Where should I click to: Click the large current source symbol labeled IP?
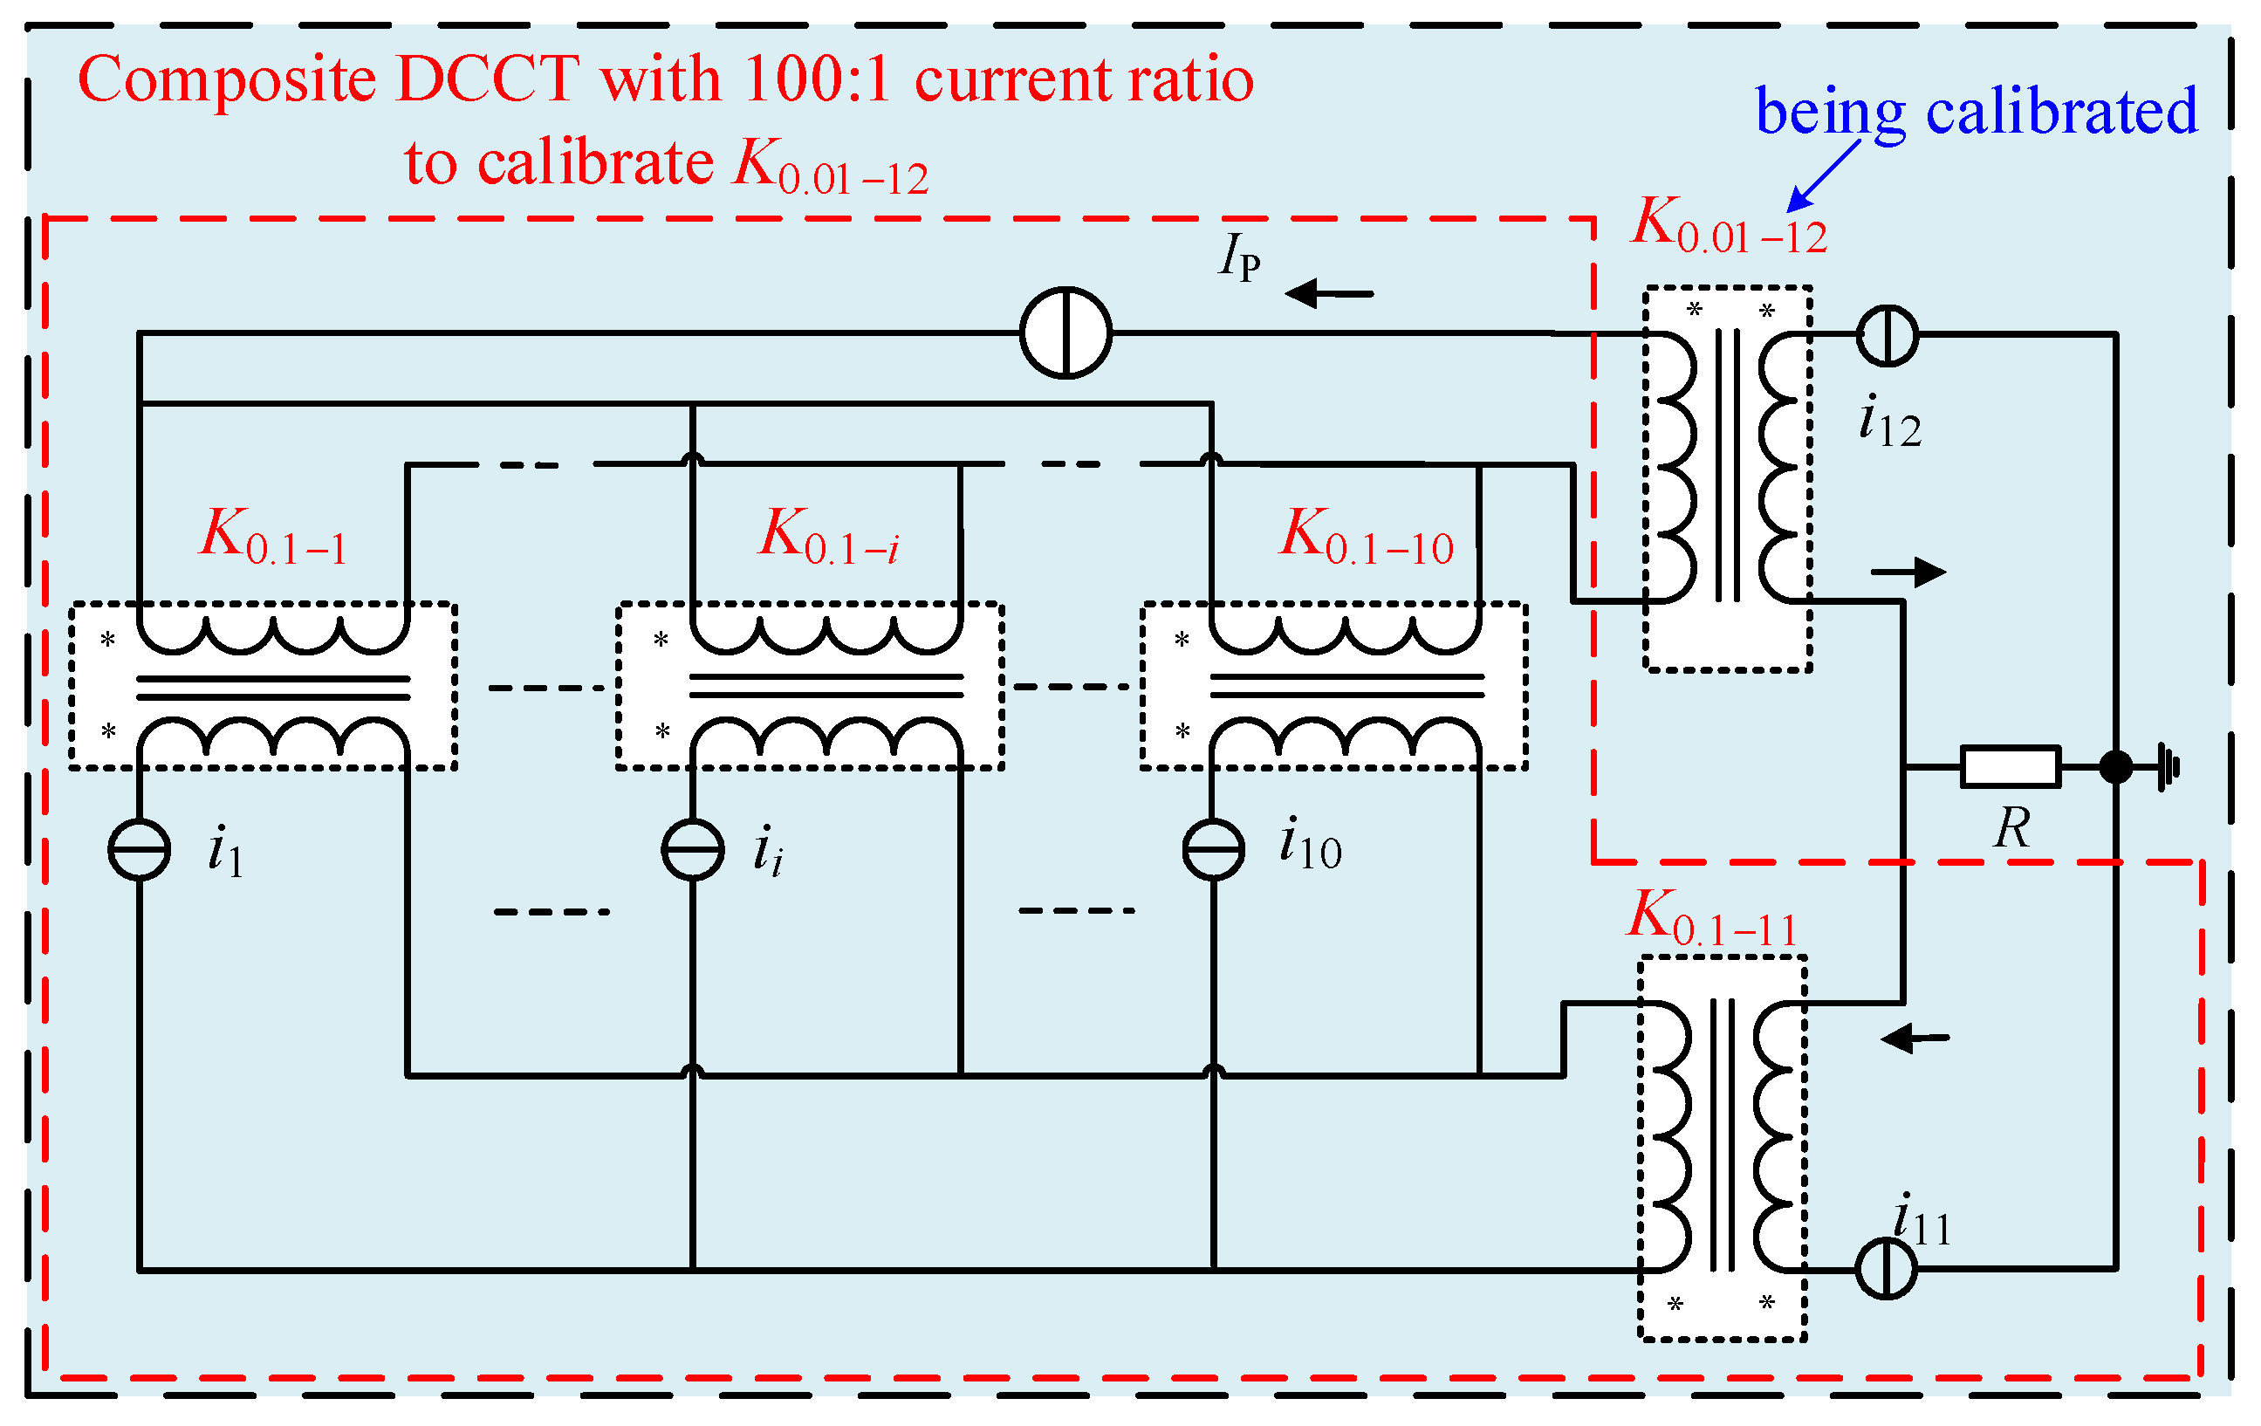point(1065,333)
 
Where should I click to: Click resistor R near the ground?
point(2011,767)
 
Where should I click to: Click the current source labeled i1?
point(139,850)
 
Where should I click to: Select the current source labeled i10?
point(1213,850)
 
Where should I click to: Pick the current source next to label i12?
point(1888,335)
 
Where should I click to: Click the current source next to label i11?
point(1886,1268)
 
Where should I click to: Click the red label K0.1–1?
point(273,536)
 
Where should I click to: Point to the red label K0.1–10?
point(1367,536)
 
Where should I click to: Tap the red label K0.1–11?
point(1710,917)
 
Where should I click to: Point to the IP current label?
point(1239,257)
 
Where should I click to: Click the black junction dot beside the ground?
point(2115,767)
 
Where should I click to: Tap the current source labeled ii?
point(693,850)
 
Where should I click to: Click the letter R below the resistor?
point(2011,828)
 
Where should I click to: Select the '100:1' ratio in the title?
point(816,79)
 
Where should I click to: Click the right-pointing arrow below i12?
point(1907,572)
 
